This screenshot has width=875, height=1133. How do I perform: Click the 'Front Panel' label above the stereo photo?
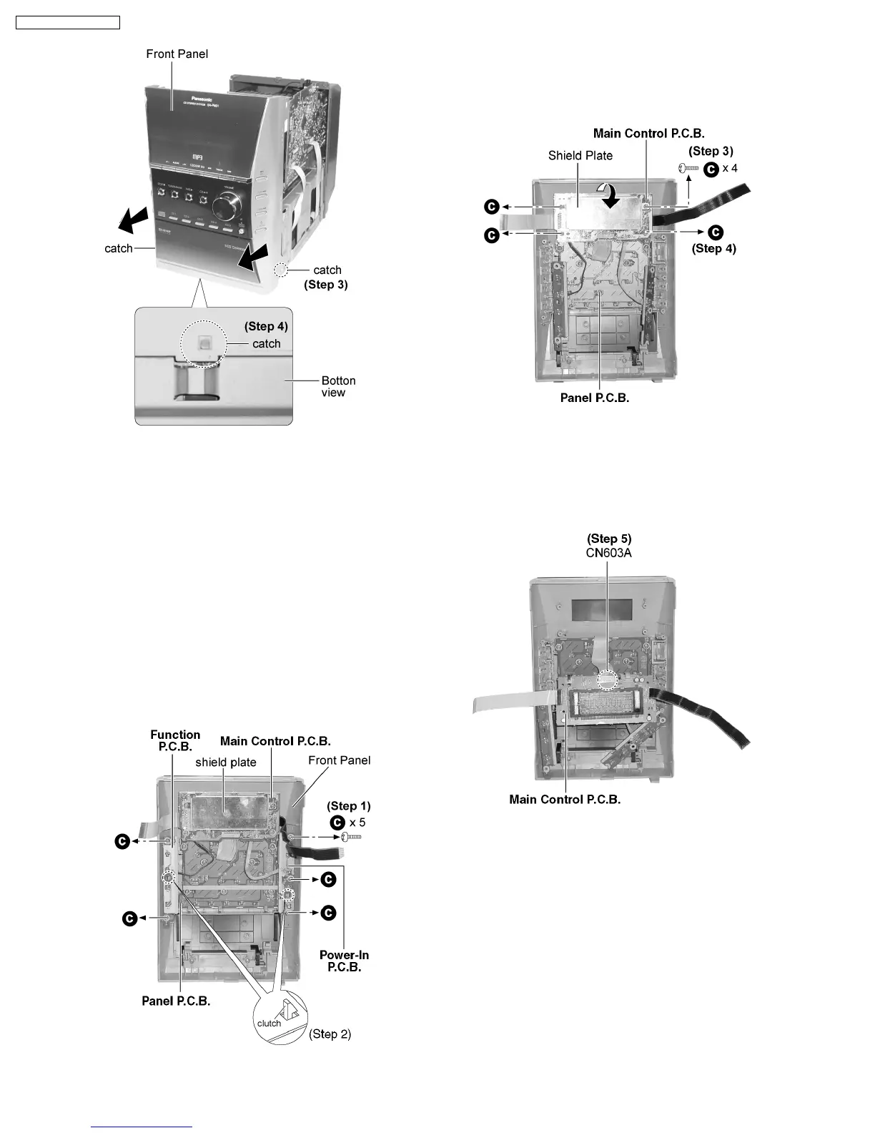[177, 54]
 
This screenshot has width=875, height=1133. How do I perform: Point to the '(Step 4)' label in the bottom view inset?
[266, 326]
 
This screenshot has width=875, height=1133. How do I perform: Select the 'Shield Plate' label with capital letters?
[580, 155]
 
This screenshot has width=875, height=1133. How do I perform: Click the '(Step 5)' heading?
[609, 539]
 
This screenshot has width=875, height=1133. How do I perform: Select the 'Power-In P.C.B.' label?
[344, 961]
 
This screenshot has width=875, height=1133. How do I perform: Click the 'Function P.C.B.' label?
[175, 740]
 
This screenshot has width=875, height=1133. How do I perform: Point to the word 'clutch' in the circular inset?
[269, 1023]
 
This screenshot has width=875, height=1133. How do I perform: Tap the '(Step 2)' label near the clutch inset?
[330, 1034]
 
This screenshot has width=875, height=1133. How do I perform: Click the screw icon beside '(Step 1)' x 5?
[352, 837]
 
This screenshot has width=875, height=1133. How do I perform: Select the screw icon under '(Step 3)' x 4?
[687, 168]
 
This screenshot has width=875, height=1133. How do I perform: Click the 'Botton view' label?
[337, 386]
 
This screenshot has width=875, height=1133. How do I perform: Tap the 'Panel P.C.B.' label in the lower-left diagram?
[176, 1001]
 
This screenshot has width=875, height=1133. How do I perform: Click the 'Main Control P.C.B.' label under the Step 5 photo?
[565, 799]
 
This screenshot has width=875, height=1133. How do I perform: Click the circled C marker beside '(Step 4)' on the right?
[716, 232]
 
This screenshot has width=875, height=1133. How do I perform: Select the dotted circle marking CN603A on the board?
[608, 679]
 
